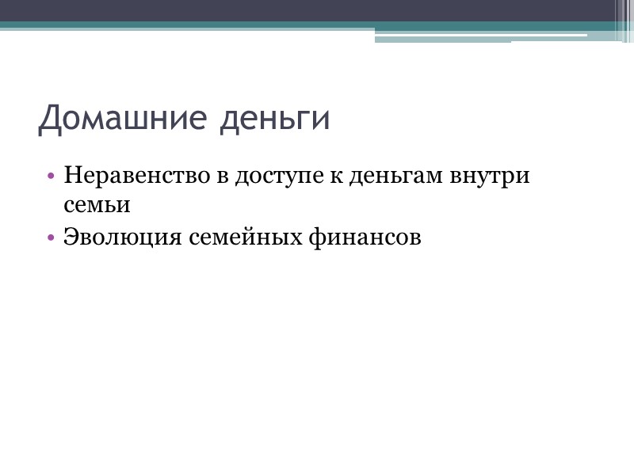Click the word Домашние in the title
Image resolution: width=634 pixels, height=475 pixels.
coord(118,119)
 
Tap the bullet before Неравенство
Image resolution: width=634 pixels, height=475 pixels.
coord(52,176)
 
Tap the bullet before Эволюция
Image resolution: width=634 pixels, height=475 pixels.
coord(52,237)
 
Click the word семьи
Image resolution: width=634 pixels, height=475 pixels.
coord(96,205)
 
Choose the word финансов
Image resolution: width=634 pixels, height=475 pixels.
coord(365,237)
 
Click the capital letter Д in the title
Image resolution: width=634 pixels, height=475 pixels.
coord(52,119)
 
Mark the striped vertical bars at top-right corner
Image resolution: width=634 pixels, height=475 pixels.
coord(624,21)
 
